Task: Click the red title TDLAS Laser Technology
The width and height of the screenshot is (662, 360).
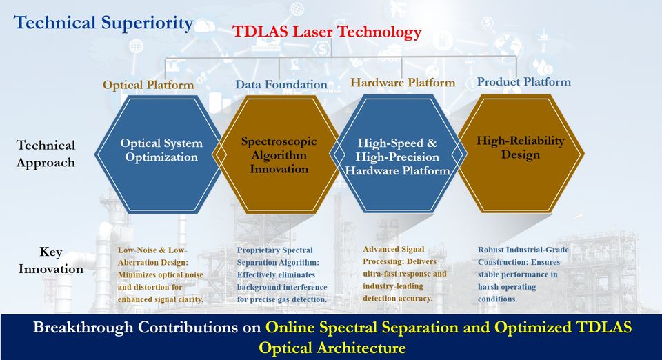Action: coord(327,32)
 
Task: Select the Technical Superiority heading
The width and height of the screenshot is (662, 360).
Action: coord(103,23)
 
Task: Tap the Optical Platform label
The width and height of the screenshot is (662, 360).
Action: coord(148,85)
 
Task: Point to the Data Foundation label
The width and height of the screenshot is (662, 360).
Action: coord(281,84)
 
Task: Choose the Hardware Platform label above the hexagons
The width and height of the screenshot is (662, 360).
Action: coord(403,82)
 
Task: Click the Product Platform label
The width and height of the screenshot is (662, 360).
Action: coord(524,81)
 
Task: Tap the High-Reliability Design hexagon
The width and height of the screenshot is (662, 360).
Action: coord(521,153)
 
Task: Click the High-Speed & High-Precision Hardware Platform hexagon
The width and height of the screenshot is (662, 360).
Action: coord(397,154)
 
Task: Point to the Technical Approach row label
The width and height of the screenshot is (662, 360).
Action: coord(46,154)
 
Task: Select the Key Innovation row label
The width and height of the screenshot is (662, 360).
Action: coord(50,261)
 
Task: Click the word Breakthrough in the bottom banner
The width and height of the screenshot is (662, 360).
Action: coord(83,328)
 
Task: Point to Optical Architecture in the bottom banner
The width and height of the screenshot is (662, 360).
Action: coord(332,348)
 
